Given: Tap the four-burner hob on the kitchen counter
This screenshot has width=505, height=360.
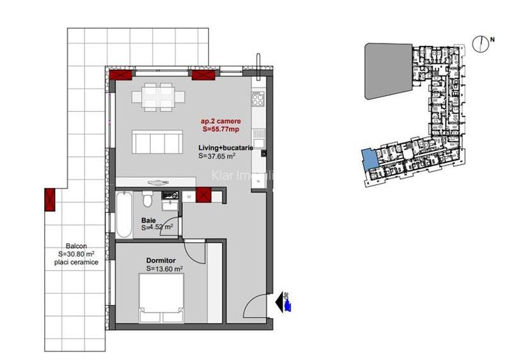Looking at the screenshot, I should pyautogui.click(x=259, y=99).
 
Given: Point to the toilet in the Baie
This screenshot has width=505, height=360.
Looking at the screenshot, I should pyautogui.click(x=148, y=200).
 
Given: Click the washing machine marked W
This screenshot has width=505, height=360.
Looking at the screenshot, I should pyautogui.click(x=189, y=196).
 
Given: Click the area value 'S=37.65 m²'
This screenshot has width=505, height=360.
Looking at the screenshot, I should pyautogui.click(x=218, y=155).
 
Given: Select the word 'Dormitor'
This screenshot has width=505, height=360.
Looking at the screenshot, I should pyautogui.click(x=160, y=262).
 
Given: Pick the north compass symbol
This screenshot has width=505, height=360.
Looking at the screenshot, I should pyautogui.click(x=479, y=44).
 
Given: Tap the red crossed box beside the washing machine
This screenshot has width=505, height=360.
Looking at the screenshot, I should pyautogui.click(x=205, y=194).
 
